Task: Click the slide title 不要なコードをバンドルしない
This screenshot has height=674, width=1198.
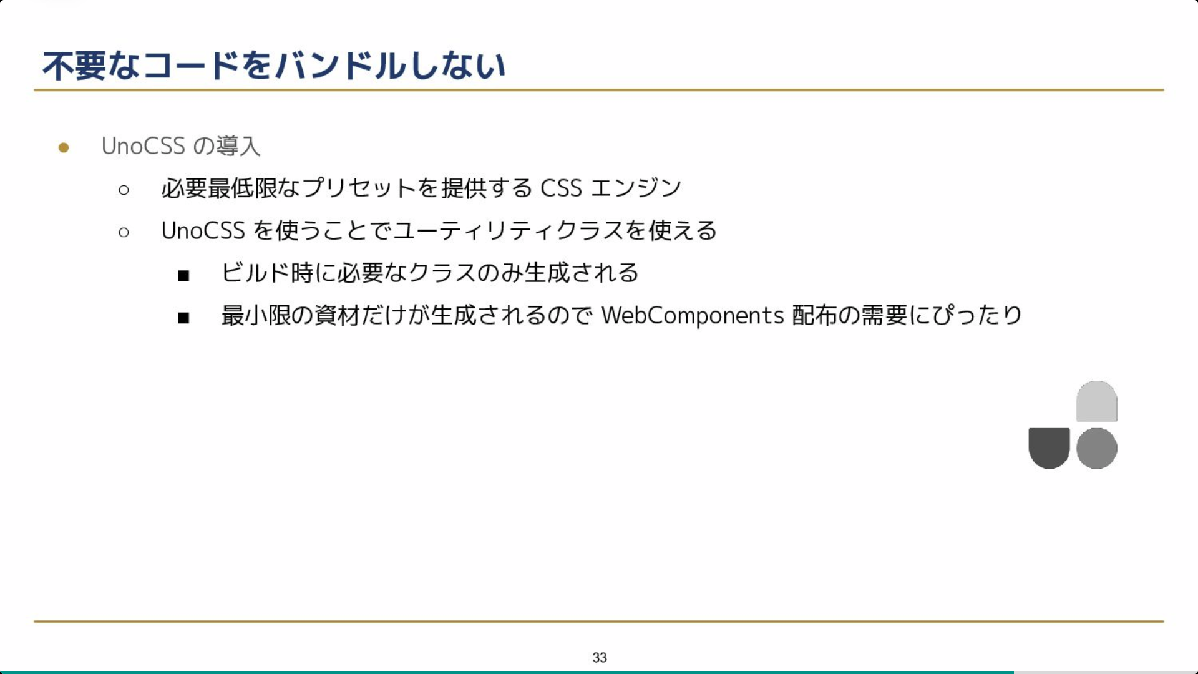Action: pyautogui.click(x=274, y=66)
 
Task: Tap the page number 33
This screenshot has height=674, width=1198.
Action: pyautogui.click(x=600, y=657)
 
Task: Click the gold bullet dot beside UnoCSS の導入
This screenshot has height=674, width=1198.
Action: pyautogui.click(x=64, y=147)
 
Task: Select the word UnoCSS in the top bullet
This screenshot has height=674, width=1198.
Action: pyautogui.click(x=144, y=146)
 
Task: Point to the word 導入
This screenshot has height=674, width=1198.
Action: pyautogui.click(x=238, y=146)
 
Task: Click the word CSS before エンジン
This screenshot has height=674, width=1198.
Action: pyautogui.click(x=561, y=188)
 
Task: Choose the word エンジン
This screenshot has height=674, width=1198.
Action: pyautogui.click(x=636, y=188)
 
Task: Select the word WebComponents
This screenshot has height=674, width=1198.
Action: pyautogui.click(x=693, y=316)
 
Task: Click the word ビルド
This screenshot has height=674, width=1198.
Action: pyautogui.click(x=256, y=273)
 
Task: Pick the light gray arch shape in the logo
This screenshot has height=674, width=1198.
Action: pyautogui.click(x=1096, y=401)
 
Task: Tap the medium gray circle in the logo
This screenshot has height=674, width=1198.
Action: pyautogui.click(x=1096, y=448)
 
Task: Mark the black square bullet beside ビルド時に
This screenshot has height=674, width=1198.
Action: pyautogui.click(x=183, y=275)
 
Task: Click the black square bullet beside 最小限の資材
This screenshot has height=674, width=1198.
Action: pyautogui.click(x=183, y=318)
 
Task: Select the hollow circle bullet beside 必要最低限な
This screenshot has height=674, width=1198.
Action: pyautogui.click(x=124, y=190)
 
